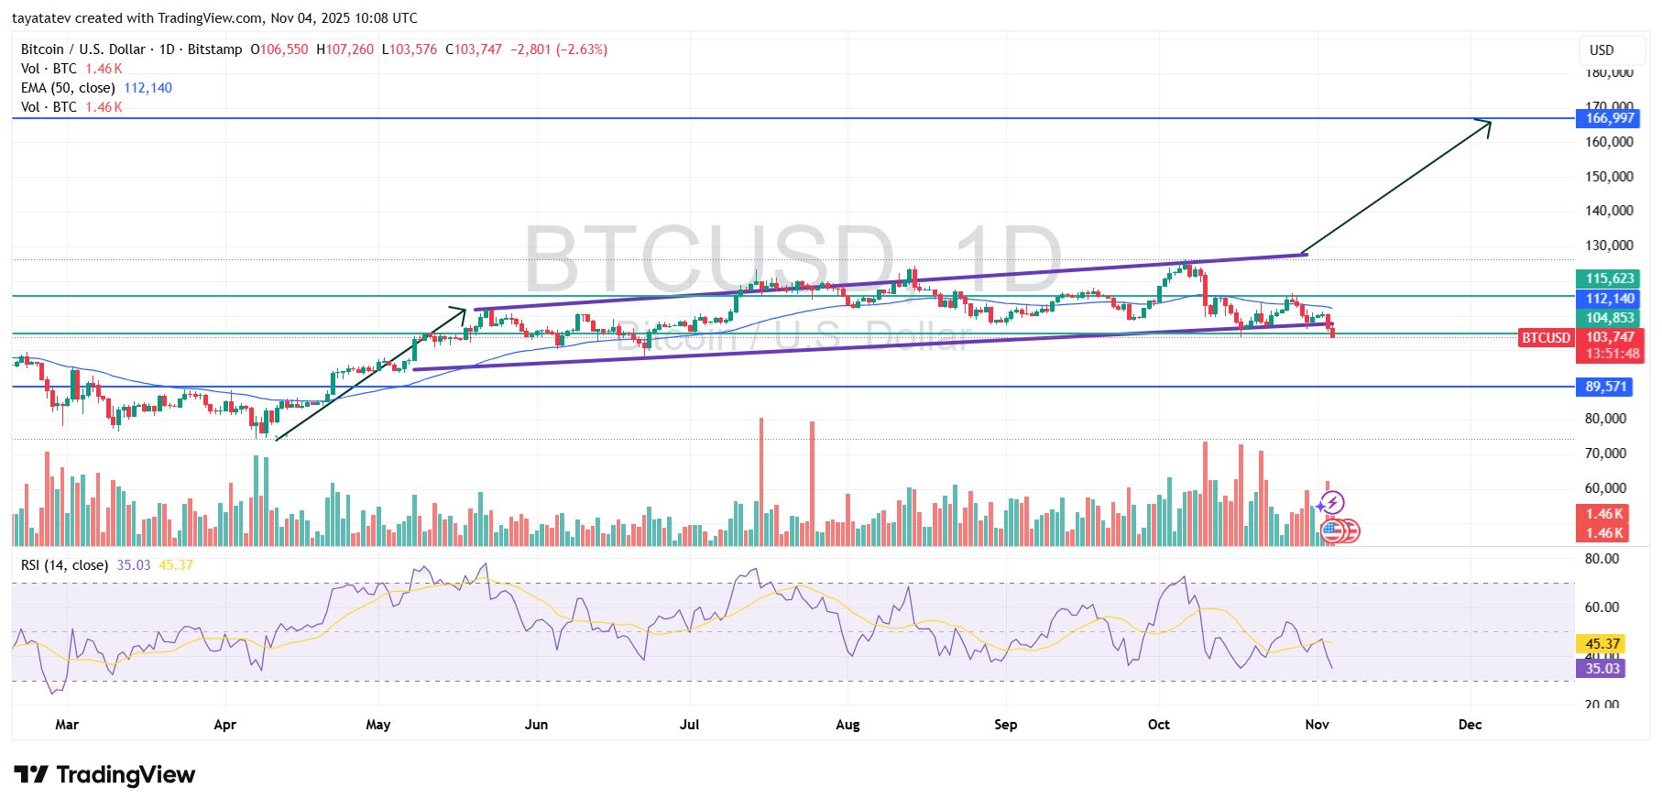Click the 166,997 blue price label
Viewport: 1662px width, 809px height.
click(x=1610, y=118)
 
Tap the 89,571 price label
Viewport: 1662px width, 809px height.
click(x=1605, y=387)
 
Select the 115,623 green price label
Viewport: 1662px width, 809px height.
click(x=1610, y=279)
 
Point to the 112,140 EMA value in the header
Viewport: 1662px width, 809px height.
click(x=148, y=88)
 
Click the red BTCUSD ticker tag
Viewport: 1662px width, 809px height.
click(x=1546, y=338)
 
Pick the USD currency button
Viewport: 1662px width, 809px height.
click(x=1602, y=50)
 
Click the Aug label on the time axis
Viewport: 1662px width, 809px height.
click(x=847, y=725)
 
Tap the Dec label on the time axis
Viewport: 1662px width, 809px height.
click(x=1470, y=725)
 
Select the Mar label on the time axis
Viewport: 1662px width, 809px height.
click(x=67, y=725)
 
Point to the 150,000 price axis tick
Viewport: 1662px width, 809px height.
click(x=1609, y=177)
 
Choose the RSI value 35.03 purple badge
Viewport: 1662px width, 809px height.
click(x=1602, y=669)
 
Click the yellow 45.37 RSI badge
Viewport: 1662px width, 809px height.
click(x=1602, y=644)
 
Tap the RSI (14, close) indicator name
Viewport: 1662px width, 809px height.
click(x=64, y=565)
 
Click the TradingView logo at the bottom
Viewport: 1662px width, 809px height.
click(x=104, y=775)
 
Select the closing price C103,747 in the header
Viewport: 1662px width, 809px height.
click(x=474, y=49)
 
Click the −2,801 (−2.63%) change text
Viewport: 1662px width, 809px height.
click(x=559, y=49)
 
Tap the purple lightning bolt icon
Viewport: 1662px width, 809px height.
click(x=1332, y=502)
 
